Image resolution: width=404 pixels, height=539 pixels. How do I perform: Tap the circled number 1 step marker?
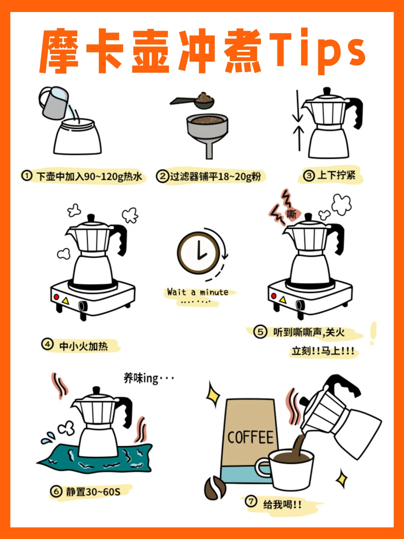(27, 176)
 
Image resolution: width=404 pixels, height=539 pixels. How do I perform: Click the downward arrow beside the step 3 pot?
(298, 106)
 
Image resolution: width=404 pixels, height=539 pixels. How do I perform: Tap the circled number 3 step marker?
(309, 176)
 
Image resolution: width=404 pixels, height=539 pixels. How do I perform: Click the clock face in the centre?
(199, 253)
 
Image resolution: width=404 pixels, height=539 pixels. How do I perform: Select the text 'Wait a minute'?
(198, 292)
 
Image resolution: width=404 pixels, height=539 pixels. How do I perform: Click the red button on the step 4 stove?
(56, 297)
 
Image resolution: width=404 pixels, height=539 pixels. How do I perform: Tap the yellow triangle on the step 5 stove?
(283, 299)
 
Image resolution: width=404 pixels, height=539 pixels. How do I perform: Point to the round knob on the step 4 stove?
(83, 306)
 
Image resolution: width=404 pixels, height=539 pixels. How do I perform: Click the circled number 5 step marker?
(260, 332)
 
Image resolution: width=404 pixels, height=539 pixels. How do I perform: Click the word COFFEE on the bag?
(250, 437)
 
